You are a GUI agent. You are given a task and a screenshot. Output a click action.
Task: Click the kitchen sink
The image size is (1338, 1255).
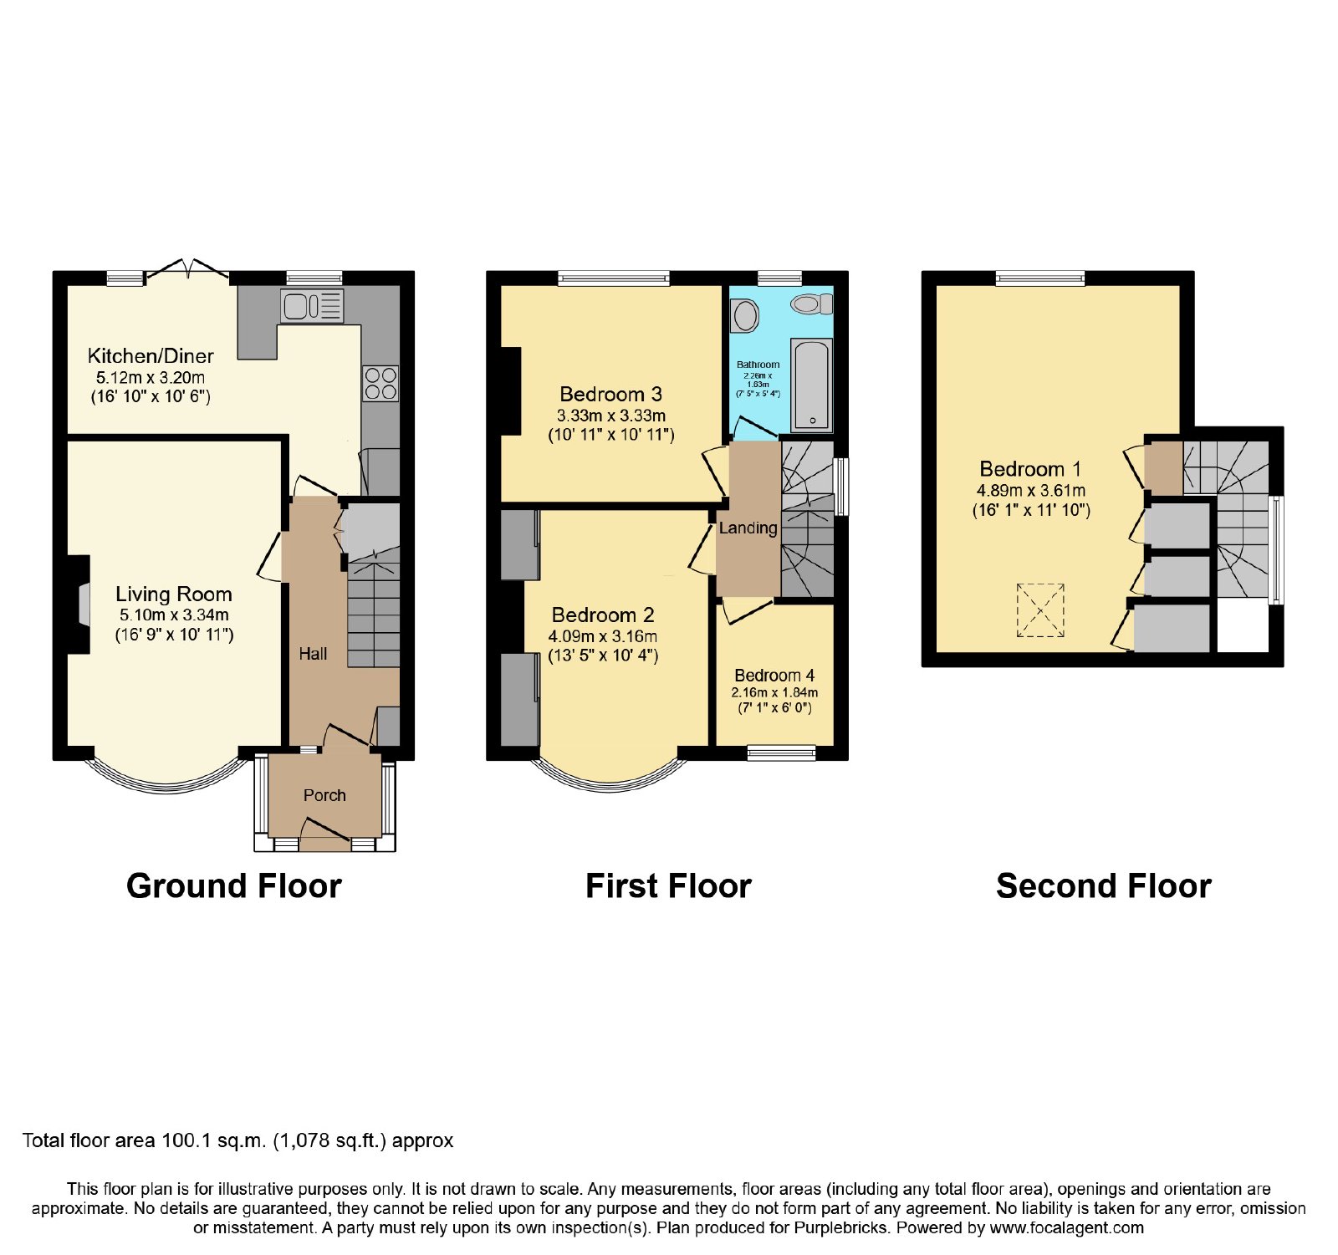313,307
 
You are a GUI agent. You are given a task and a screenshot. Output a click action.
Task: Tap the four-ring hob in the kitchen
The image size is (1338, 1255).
380,384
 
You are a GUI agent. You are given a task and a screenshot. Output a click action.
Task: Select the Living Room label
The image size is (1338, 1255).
174,594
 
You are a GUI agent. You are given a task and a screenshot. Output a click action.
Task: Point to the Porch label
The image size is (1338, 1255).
324,795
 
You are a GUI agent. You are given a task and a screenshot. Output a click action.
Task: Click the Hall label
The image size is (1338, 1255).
314,654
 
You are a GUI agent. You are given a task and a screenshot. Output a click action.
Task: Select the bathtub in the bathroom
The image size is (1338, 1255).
811,385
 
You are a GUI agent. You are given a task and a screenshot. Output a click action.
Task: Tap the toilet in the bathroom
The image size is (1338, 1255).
812,304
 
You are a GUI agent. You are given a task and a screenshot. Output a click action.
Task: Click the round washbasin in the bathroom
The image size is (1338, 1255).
744,316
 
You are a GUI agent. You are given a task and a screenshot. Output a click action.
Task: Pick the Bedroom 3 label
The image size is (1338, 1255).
611,395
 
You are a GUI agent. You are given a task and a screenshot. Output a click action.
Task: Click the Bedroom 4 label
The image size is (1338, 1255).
774,676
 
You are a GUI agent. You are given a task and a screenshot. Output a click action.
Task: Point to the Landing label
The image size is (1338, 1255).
748,528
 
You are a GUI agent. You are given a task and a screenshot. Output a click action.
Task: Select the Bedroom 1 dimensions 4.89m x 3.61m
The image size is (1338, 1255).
1031,491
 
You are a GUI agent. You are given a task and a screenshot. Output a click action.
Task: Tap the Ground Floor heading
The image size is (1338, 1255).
234,886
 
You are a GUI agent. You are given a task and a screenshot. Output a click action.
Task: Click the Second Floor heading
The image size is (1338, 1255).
1104,886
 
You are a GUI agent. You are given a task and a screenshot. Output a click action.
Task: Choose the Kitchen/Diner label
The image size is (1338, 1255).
151,356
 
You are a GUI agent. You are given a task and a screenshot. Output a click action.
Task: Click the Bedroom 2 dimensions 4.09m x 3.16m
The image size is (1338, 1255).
603,636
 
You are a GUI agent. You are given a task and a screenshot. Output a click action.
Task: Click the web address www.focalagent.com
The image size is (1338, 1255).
1066,1228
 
